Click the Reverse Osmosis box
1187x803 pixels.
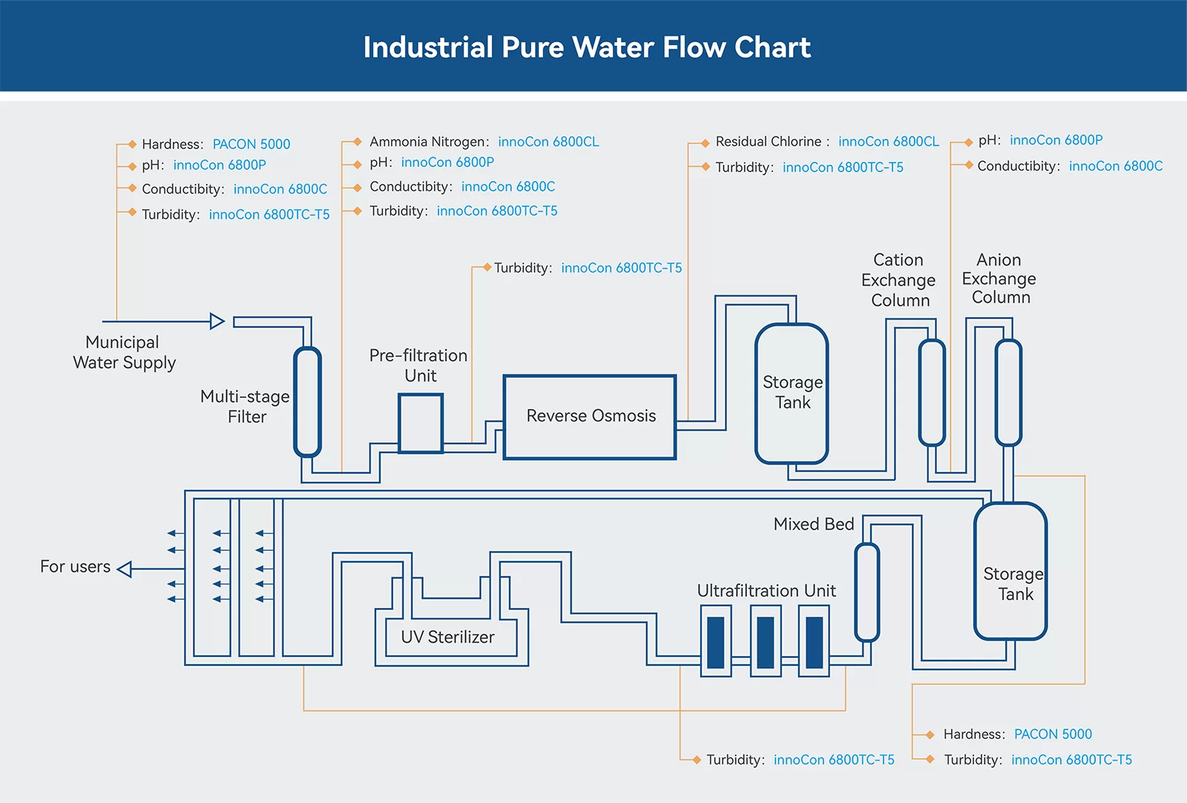coord(590,417)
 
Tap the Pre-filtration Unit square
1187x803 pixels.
coord(421,423)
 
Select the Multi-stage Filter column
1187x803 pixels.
coord(307,401)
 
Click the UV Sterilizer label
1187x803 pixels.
coord(447,637)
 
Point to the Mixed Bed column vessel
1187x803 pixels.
coord(867,592)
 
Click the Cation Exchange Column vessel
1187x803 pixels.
coord(932,393)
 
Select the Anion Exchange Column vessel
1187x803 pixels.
coord(1008,393)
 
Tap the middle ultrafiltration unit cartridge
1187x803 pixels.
coord(766,642)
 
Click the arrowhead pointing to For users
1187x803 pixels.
coord(125,569)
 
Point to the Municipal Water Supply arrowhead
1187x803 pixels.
coord(217,321)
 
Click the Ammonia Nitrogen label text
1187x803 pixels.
coord(429,142)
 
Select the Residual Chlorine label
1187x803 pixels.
coord(769,142)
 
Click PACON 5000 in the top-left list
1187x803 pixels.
coord(251,144)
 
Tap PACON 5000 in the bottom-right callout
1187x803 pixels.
coord(1052,734)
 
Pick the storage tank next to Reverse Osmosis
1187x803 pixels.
coord(792,393)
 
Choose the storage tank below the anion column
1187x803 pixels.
coord(1010,571)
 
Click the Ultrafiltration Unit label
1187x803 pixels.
coord(766,591)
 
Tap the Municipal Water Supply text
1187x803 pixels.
coord(124,353)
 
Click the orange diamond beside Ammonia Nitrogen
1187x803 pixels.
coord(357,141)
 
